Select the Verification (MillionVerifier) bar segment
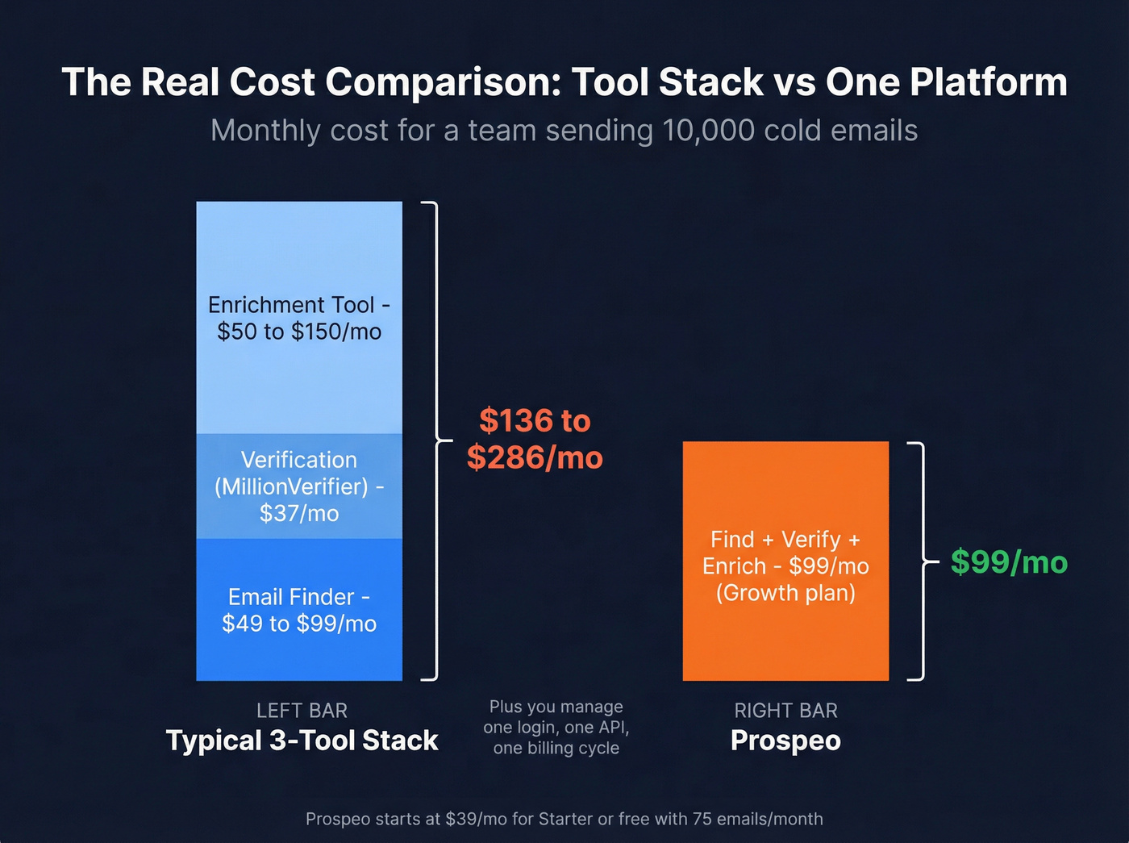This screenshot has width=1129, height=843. tap(299, 486)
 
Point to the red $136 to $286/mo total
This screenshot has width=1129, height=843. tap(535, 439)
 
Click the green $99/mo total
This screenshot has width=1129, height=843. tap(1009, 561)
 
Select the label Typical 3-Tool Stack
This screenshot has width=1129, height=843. tap(302, 741)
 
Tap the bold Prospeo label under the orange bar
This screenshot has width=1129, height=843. tap(785, 741)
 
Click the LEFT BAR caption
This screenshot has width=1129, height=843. tap(302, 711)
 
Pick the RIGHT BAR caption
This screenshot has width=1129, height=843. tap(785, 711)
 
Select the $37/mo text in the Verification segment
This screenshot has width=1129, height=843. tap(299, 513)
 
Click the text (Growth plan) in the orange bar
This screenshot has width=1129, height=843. tap(785, 593)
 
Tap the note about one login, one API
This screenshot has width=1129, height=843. tap(556, 727)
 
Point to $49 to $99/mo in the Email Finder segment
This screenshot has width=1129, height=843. tap(299, 624)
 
